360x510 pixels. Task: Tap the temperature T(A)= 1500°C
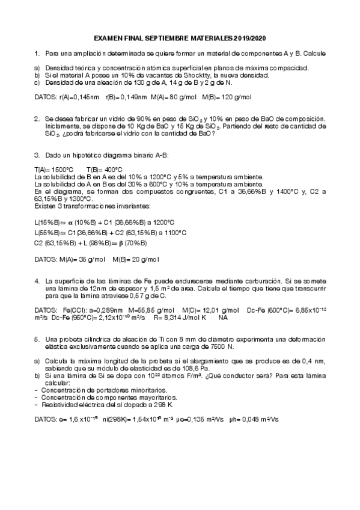pyautogui.click(x=54, y=170)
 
